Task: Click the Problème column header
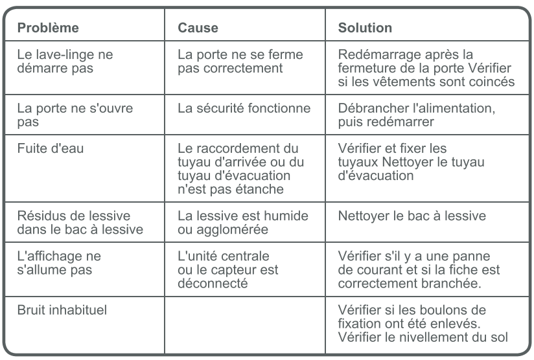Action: pyautogui.click(x=48, y=28)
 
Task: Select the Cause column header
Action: pyautogui.click(x=198, y=28)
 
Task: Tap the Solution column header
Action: pyautogui.click(x=365, y=28)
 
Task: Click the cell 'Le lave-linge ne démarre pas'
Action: pyautogui.click(x=65, y=62)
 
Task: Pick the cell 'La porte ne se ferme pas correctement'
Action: pyautogui.click(x=240, y=62)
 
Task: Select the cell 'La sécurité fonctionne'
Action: pyautogui.click(x=244, y=108)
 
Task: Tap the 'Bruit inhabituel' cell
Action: pyautogui.click(x=62, y=309)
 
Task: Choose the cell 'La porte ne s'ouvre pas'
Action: pyautogui.click(x=75, y=115)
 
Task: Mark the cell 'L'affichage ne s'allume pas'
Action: pyautogui.click(x=59, y=262)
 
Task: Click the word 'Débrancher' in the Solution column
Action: pyautogui.click(x=369, y=108)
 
